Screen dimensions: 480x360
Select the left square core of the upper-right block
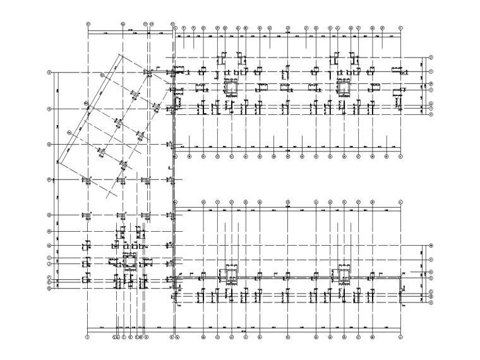229,87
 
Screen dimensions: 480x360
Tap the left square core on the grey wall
229,272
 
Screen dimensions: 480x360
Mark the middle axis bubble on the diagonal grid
84,103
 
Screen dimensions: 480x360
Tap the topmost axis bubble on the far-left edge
49,73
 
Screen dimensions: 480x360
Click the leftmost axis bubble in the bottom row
87,338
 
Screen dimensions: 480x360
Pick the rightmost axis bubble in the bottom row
400,338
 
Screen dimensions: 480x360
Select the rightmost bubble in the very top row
400,28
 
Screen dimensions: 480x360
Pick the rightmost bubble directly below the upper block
400,155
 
